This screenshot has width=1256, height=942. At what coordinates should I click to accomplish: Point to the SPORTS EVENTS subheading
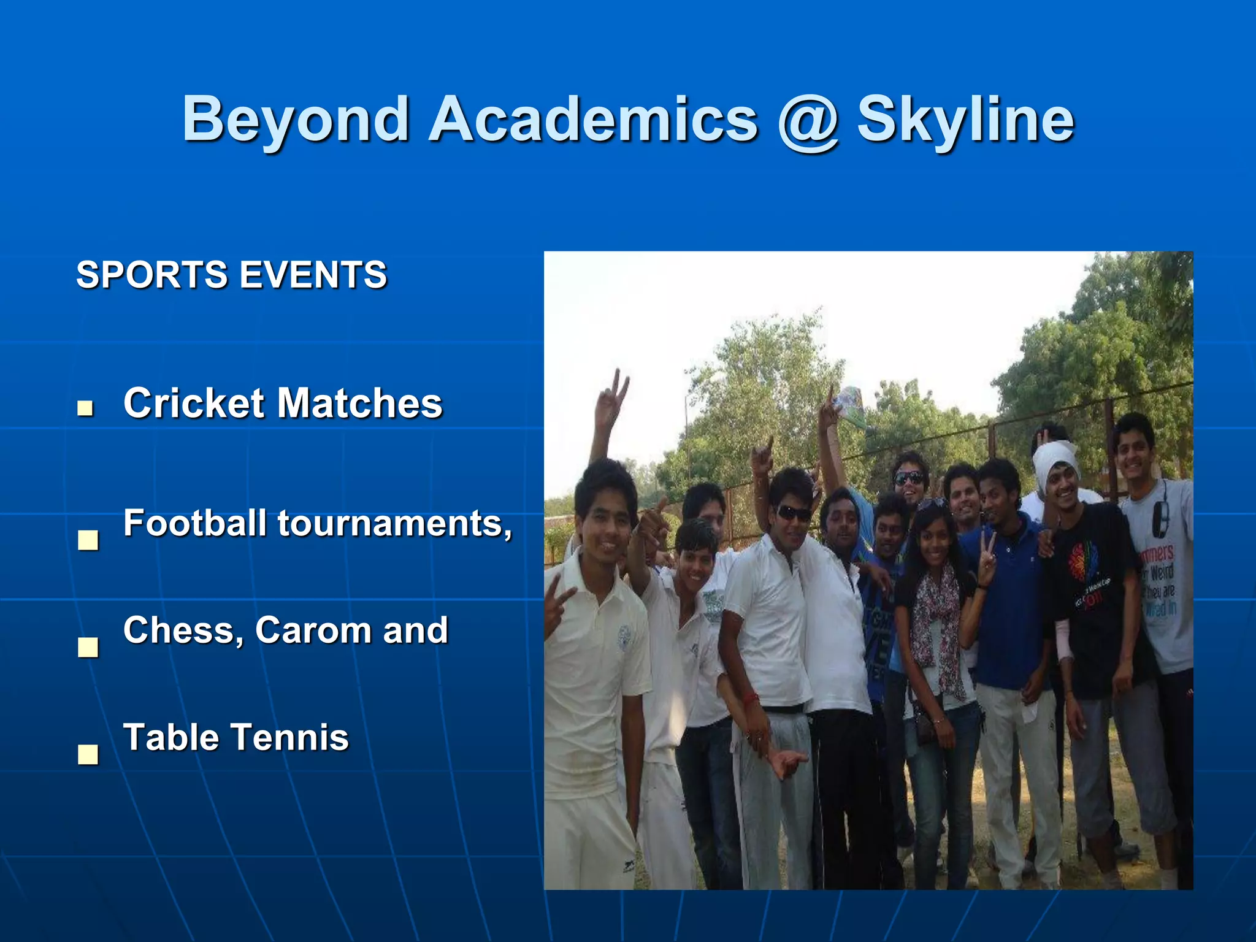point(231,274)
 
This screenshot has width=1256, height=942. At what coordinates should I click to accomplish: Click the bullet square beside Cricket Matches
point(85,408)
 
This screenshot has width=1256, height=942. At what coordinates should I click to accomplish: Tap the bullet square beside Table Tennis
point(88,754)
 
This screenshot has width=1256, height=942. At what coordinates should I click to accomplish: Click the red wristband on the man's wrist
point(750,699)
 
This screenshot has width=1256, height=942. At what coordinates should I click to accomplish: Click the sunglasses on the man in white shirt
point(794,513)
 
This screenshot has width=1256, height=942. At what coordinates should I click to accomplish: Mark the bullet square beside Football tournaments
point(88,540)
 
